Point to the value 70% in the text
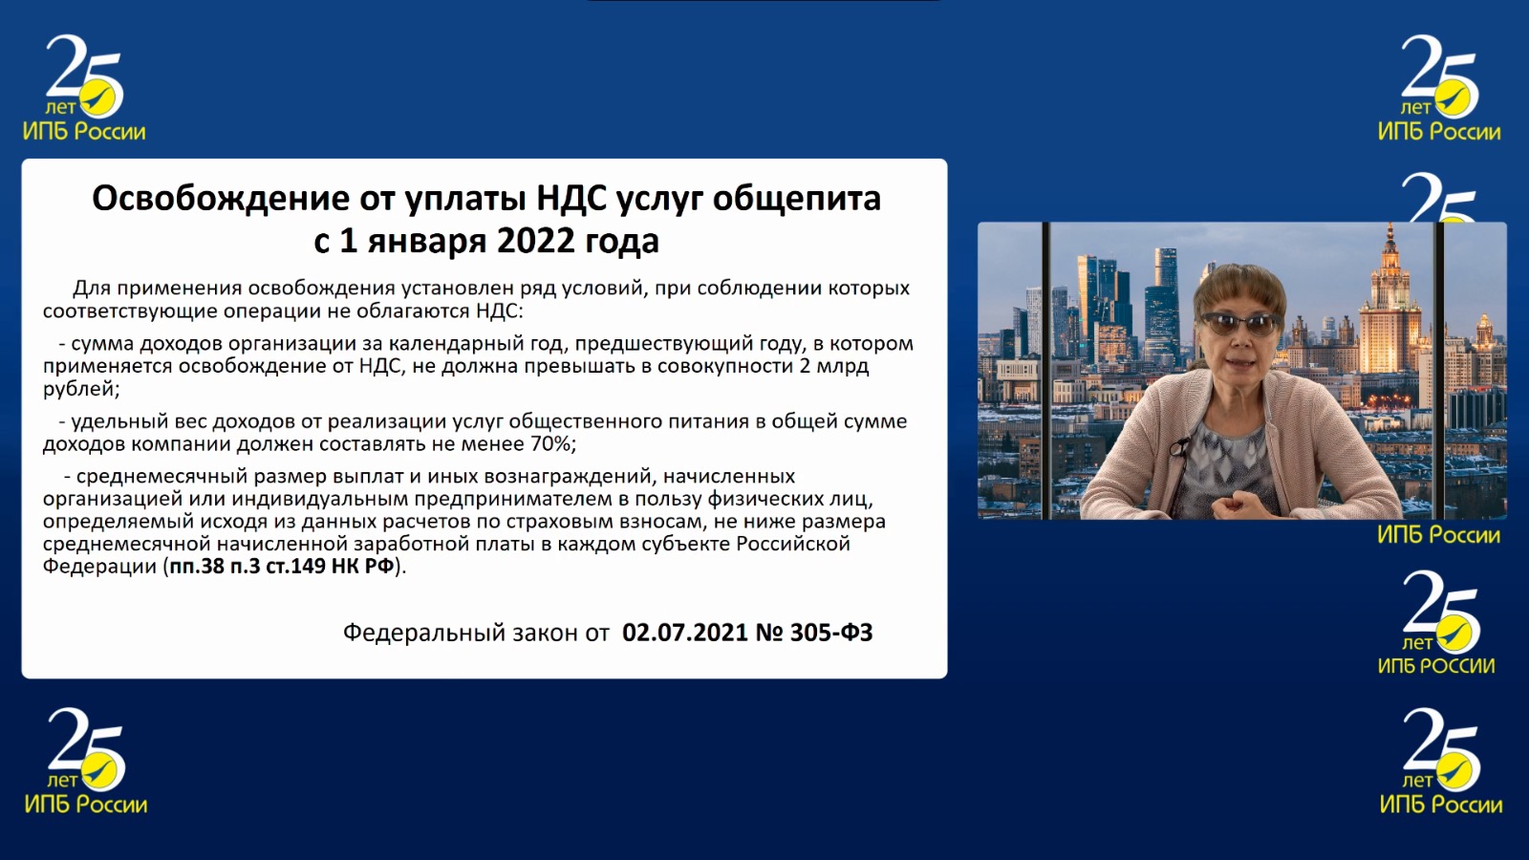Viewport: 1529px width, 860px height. [550, 443]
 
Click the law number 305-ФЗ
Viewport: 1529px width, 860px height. [831, 633]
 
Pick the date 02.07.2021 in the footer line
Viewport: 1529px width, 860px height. [685, 633]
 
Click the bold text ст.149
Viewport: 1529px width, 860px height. [294, 567]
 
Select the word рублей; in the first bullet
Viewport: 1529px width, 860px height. [81, 390]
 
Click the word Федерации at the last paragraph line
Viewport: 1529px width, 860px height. [99, 568]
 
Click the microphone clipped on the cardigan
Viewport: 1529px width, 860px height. [1176, 449]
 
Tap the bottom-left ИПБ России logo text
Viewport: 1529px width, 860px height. [86, 804]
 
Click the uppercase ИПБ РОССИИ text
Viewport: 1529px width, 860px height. [1436, 665]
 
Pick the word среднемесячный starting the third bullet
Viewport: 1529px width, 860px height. [162, 477]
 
